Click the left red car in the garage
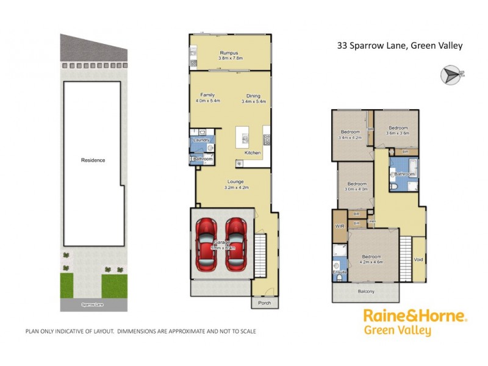click(206, 245)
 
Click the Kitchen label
click(253, 152)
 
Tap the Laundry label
click(201, 140)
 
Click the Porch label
click(264, 303)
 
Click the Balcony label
click(367, 292)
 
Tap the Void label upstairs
click(418, 259)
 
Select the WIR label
click(339, 226)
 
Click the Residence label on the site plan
click(93, 160)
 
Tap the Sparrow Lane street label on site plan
click(93, 304)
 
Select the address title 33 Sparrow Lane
click(400, 45)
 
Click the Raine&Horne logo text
click(415, 316)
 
